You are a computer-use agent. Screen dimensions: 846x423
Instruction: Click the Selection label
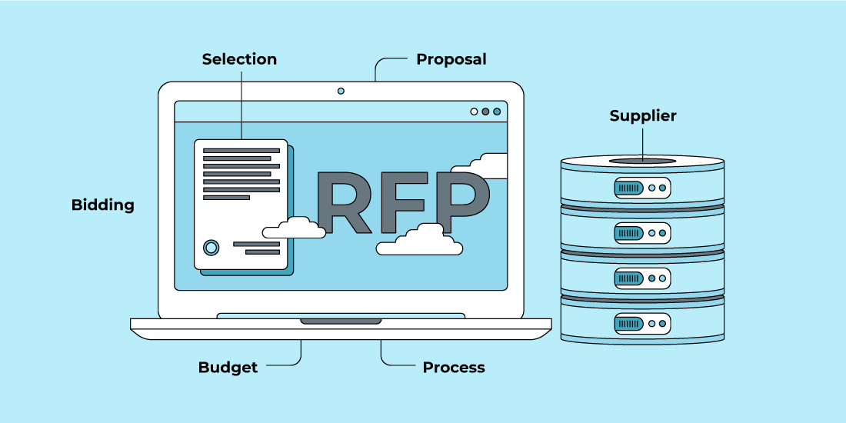click(x=239, y=58)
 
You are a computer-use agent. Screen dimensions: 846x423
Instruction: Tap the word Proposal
click(x=451, y=59)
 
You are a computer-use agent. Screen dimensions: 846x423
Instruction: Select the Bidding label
click(x=102, y=205)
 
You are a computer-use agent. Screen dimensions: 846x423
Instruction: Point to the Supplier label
click(x=643, y=116)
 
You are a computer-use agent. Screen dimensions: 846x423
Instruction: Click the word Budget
click(x=228, y=368)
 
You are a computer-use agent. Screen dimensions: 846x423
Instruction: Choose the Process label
click(x=454, y=368)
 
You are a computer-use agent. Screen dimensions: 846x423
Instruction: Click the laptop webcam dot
click(x=341, y=91)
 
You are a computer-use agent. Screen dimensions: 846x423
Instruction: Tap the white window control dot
click(x=474, y=112)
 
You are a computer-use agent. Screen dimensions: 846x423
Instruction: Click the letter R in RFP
click(x=345, y=202)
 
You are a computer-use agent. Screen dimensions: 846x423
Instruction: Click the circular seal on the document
click(x=211, y=248)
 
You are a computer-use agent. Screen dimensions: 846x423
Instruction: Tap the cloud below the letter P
click(x=419, y=240)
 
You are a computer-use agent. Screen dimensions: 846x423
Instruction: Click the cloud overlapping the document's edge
click(x=294, y=228)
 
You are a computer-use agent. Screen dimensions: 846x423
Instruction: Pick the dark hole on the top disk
click(x=642, y=161)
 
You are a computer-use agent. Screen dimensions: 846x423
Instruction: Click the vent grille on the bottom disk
click(x=628, y=324)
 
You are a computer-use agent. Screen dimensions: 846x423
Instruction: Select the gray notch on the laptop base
click(x=341, y=321)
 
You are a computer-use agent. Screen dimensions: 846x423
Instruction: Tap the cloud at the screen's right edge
click(x=480, y=165)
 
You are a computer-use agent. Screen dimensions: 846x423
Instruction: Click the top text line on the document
click(x=241, y=151)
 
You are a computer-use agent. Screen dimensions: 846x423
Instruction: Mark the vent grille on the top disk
click(x=628, y=188)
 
